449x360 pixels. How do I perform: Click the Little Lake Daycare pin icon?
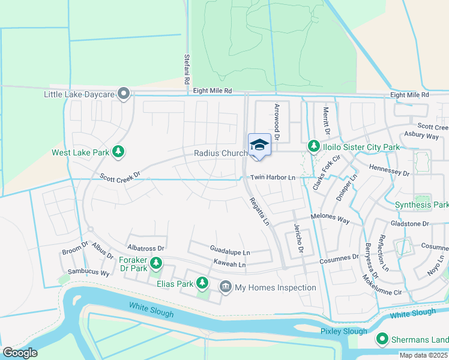pos(124,94)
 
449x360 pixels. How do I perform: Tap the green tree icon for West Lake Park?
pos(119,152)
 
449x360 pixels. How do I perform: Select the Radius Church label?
pos(220,153)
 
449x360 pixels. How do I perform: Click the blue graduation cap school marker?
pos(259,145)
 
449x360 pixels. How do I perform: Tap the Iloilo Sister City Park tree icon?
pos(313,146)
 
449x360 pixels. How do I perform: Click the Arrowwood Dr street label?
pos(277,122)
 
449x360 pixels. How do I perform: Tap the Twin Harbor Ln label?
pos(273,178)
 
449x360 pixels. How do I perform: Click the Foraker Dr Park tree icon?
pos(156,262)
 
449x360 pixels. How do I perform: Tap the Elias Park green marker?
pos(202,282)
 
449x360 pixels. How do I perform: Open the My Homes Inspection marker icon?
pos(226,287)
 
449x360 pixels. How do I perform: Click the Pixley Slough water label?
pos(343,331)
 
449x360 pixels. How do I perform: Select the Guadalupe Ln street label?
pos(230,253)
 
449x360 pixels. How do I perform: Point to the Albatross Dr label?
pos(146,247)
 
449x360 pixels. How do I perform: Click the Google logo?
pos(20,353)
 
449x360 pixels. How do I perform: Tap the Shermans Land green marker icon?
pos(382,340)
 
